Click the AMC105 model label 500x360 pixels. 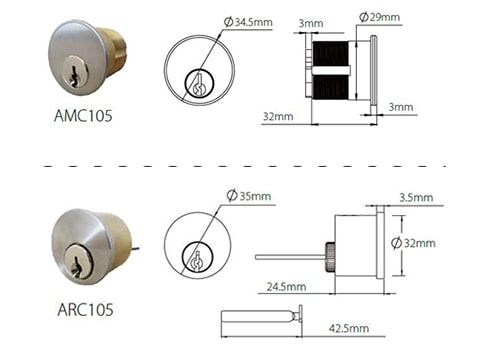tap(83, 116)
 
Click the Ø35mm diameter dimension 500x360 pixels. tap(249, 195)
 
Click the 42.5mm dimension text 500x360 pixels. tap(348, 328)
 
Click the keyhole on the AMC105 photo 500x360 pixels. tap(73, 66)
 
